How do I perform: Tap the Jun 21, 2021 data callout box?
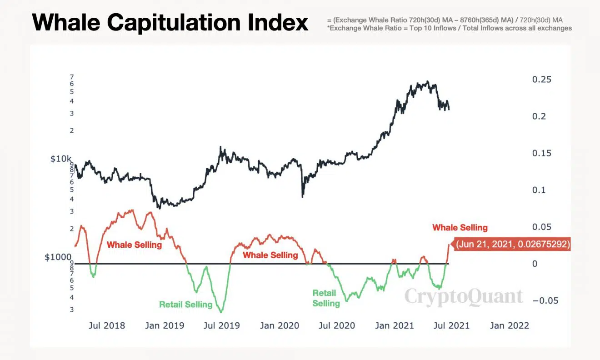pyautogui.click(x=513, y=244)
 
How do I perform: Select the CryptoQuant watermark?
pyautogui.click(x=464, y=297)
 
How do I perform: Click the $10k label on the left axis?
pyautogui.click(x=61, y=159)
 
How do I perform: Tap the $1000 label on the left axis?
pyautogui.click(x=58, y=257)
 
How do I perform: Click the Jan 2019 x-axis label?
pyautogui.click(x=165, y=325)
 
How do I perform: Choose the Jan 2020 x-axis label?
pyautogui.click(x=280, y=325)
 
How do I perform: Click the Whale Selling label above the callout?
pyautogui.click(x=460, y=227)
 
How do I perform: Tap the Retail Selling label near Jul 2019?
pyautogui.click(x=185, y=304)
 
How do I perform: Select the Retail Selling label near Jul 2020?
pyautogui.click(x=325, y=298)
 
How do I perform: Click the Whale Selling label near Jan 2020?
pyautogui.click(x=270, y=255)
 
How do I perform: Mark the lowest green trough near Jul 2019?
pyautogui.click(x=221, y=312)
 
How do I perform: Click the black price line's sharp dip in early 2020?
pyautogui.click(x=303, y=196)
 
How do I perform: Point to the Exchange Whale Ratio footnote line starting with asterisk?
pyautogui.click(x=449, y=28)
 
